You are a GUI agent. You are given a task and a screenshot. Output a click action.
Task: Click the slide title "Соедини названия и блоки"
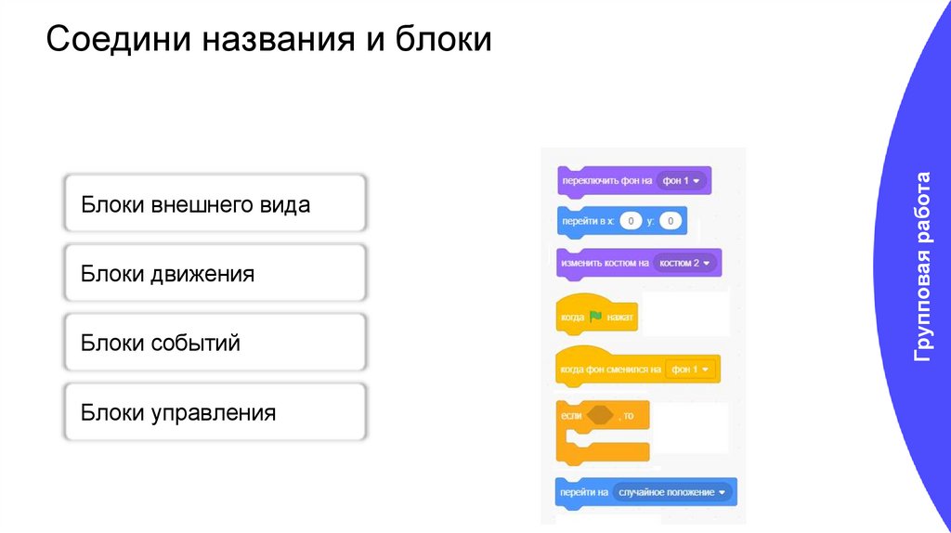[x=269, y=41]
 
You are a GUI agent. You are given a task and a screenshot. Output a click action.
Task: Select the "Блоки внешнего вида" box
[x=215, y=204]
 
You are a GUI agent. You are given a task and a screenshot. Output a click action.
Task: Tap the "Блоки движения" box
[x=215, y=274]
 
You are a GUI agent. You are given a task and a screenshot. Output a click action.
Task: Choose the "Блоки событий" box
[x=215, y=343]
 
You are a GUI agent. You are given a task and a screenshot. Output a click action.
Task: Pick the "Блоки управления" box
[x=215, y=412]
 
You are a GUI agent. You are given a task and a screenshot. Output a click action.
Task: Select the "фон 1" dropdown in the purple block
[x=682, y=180]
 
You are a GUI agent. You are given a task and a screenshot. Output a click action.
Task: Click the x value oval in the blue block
[x=631, y=221]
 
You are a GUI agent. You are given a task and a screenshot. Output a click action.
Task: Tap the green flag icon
[x=595, y=317]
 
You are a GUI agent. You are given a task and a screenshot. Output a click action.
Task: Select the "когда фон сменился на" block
[x=609, y=369]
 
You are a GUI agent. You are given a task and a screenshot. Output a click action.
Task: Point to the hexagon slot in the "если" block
[x=601, y=415]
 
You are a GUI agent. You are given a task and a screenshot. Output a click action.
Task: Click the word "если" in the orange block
[x=571, y=415]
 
